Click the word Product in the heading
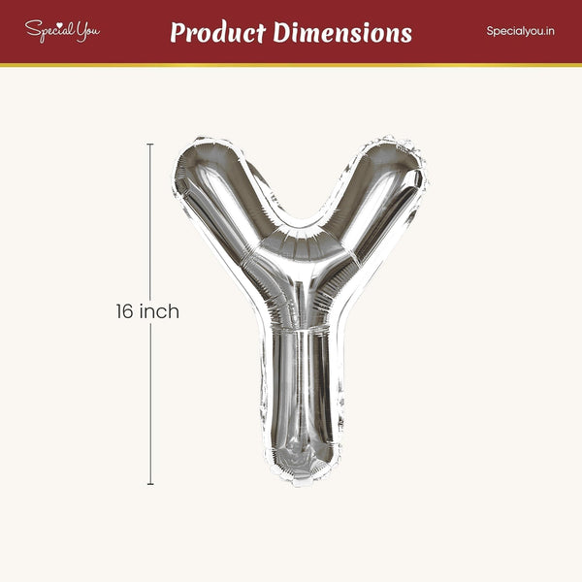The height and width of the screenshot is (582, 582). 218,33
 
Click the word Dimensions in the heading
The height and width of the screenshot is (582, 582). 342,33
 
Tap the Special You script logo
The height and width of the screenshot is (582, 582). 62,31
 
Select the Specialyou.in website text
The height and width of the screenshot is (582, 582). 520,31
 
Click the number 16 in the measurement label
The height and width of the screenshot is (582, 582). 124,311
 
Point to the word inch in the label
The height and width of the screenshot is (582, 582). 159,311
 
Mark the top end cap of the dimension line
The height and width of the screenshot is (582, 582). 150,144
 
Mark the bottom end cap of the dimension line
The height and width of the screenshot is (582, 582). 150,484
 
